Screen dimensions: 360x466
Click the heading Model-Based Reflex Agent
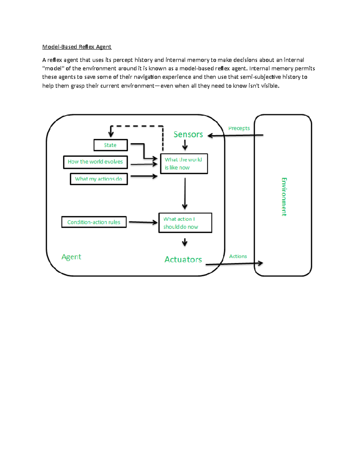[77, 47]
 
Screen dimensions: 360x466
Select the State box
[110, 145]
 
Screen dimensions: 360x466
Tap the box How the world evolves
[95, 162]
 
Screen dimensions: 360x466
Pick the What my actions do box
[99, 179]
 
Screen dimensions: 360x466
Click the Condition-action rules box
[94, 222]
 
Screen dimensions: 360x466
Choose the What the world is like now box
[184, 164]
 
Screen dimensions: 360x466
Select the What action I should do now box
[185, 223]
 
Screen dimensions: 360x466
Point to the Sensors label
[188, 134]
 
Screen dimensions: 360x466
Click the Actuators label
[183, 260]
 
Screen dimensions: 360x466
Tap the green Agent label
[71, 257]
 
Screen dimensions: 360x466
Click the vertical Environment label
[284, 197]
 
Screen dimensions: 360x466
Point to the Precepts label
[239, 128]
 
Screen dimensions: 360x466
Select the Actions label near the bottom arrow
[238, 256]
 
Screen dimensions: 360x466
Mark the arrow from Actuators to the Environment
[234, 264]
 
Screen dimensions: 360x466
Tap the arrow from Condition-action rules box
[143, 222]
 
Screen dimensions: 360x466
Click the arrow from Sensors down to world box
[185, 146]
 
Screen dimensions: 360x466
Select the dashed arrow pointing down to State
[136, 126]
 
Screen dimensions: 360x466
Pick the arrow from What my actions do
[144, 176]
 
